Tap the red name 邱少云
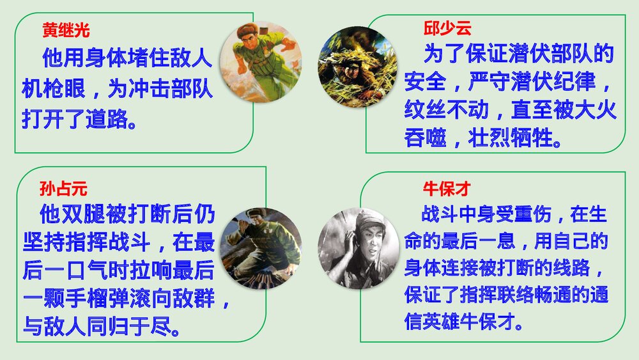click(x=447, y=28)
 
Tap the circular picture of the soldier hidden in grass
click(x=357, y=67)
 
